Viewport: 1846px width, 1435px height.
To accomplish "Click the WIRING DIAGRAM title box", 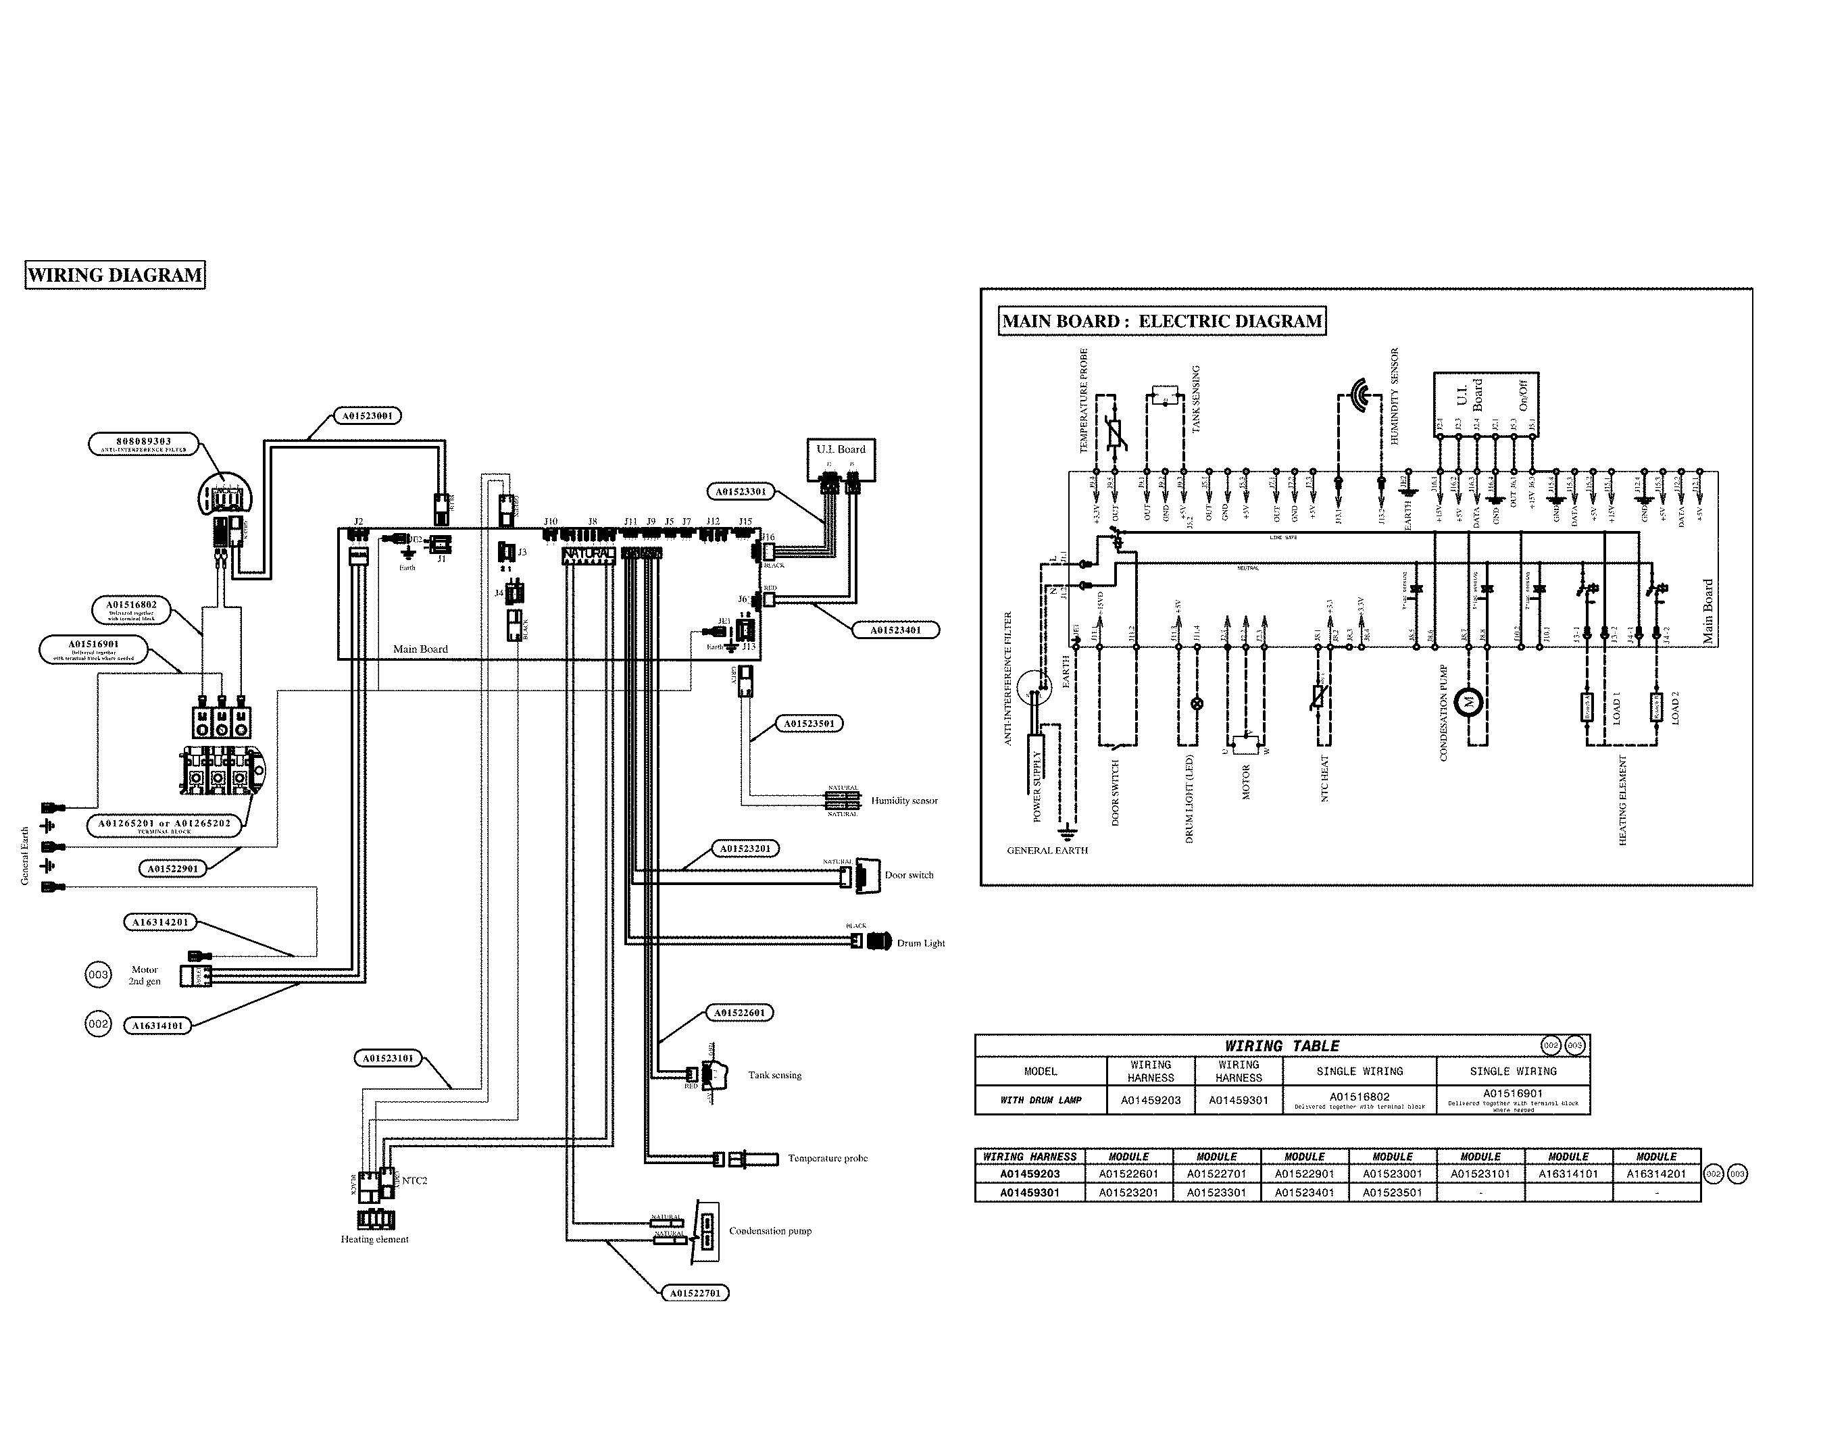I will point(115,276).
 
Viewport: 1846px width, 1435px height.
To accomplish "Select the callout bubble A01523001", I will point(367,416).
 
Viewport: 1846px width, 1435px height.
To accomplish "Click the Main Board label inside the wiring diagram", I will point(420,649).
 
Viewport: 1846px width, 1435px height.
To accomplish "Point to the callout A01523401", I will point(895,630).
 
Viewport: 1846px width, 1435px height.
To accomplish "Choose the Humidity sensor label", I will point(903,801).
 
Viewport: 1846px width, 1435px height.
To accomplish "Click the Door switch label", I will point(909,875).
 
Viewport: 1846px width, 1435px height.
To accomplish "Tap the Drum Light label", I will point(920,943).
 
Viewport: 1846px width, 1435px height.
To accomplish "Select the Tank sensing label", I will point(774,1075).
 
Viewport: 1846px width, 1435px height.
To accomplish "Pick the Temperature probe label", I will point(828,1158).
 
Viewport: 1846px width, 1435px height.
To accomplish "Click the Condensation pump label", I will point(770,1230).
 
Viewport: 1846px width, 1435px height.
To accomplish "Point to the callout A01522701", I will point(694,1293).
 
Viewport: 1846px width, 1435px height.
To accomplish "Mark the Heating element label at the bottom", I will point(374,1239).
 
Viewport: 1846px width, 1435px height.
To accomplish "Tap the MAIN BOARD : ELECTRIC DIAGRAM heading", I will point(1162,321).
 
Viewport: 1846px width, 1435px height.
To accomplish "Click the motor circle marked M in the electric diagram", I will point(1469,701).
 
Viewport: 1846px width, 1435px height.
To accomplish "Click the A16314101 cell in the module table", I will point(1568,1174).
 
